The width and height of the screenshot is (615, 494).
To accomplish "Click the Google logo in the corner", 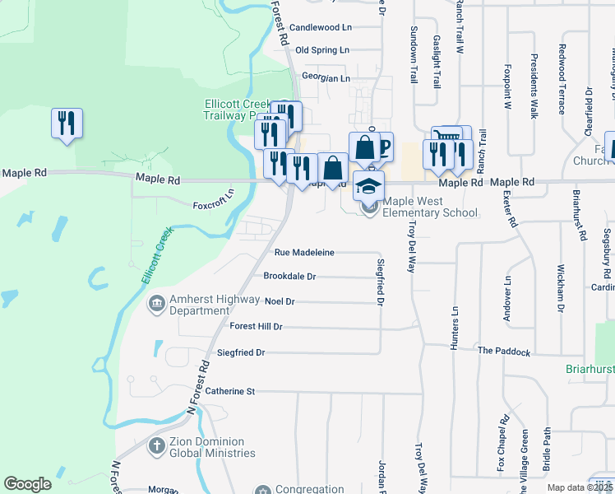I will pos(28,484).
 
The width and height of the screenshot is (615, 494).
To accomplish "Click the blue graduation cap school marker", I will pos(369,185).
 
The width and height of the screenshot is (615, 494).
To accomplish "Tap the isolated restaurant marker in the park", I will pos(66,123).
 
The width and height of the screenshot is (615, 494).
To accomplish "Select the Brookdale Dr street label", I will pos(289,277).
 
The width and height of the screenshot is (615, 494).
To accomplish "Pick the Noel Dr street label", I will pos(280,302).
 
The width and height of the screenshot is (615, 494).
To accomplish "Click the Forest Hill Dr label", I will pos(256,327).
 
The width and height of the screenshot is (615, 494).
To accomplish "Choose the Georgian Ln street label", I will pos(326,78).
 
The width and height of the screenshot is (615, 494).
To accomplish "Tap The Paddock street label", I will pos(504,352).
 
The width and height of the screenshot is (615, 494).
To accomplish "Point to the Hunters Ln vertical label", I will pos(454,330).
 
